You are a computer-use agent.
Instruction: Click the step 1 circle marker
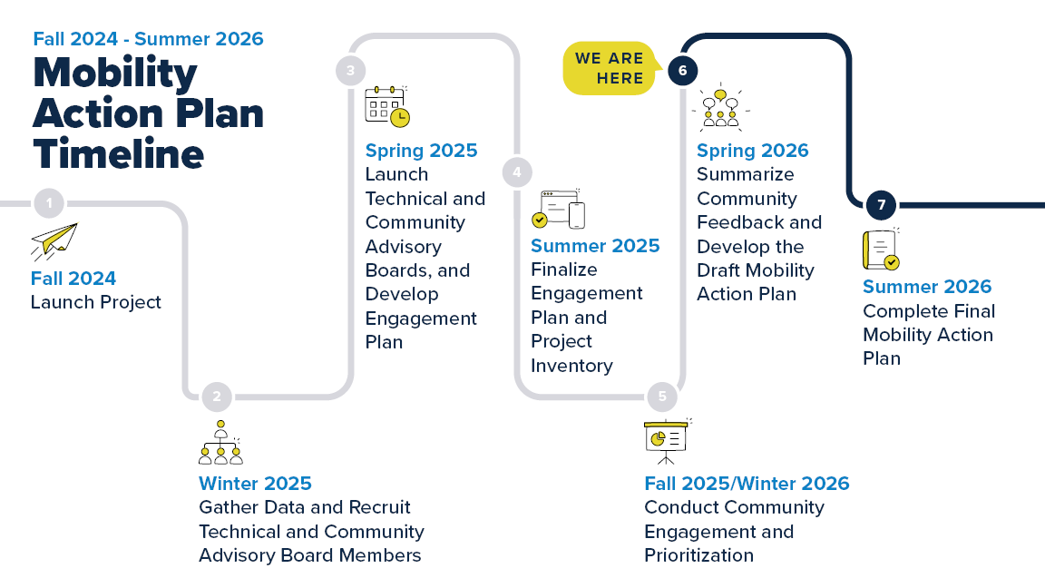pos(49,203)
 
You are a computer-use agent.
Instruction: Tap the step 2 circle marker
pos(217,396)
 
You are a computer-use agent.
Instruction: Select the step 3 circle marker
pos(350,71)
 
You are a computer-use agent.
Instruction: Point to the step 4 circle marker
pos(517,171)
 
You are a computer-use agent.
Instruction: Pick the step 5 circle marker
pos(662,396)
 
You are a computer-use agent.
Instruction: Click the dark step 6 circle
pos(682,71)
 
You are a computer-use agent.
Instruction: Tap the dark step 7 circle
pos(880,204)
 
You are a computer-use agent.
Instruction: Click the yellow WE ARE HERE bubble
pos(610,68)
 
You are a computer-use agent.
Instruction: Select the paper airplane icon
pos(54,242)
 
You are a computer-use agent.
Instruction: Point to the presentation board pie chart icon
pos(666,440)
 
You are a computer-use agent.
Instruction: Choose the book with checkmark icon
pos(880,250)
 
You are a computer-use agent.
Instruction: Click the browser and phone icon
pos(558,209)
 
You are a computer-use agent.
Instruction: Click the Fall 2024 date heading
pos(73,279)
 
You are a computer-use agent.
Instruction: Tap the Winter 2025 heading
pos(255,484)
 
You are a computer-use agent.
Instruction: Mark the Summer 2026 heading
pos(927,287)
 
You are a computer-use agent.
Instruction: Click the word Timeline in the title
pos(119,153)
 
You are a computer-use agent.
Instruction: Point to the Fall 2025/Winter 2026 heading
pos(747,484)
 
